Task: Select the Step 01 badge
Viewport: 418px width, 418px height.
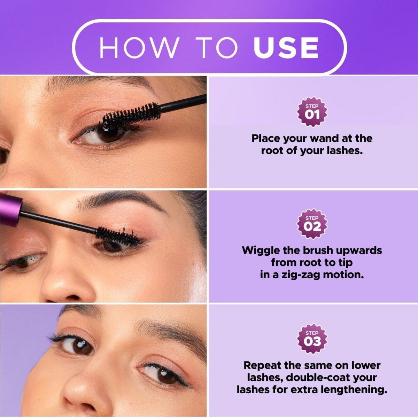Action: (x=312, y=113)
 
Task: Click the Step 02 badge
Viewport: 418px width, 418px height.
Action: (x=312, y=225)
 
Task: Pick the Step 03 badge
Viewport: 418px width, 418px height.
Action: (x=312, y=339)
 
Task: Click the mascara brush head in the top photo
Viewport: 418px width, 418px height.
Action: (x=132, y=114)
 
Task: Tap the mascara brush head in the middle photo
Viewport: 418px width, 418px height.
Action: (x=119, y=235)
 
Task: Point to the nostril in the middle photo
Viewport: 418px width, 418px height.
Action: (x=65, y=298)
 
